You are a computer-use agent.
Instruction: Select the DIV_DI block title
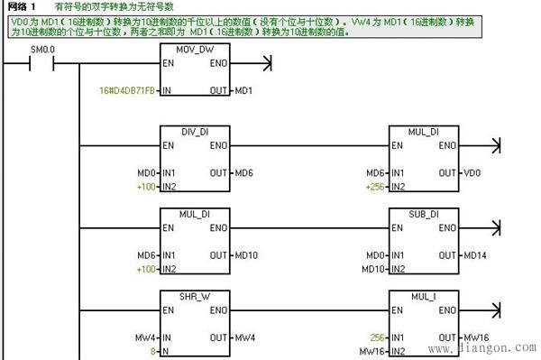point(196,133)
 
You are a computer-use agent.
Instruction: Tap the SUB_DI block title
point(424,215)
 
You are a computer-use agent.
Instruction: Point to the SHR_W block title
point(196,297)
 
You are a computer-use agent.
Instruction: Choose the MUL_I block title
point(424,297)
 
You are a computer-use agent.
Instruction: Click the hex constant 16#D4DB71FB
point(126,91)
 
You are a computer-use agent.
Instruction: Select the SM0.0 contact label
point(42,47)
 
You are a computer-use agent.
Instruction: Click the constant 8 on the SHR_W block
point(152,350)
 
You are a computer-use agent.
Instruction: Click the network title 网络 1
point(20,6)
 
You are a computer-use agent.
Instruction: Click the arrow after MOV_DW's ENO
point(264,64)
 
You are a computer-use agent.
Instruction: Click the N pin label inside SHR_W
point(165,350)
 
